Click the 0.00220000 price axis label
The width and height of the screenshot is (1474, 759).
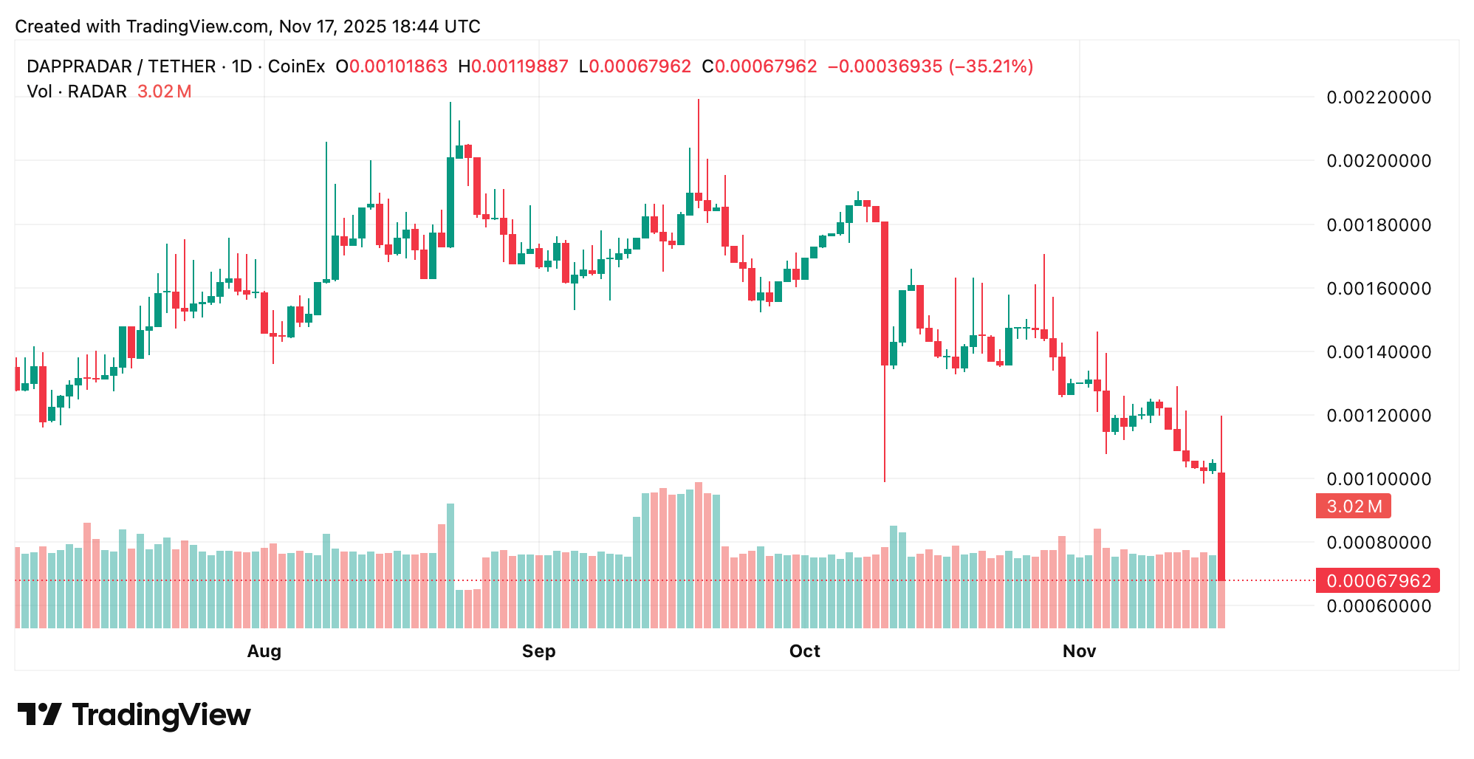tap(1378, 97)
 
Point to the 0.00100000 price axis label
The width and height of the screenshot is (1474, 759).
tap(1378, 479)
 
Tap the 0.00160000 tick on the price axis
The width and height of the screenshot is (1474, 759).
tap(1378, 288)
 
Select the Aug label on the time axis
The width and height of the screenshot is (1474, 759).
tap(264, 651)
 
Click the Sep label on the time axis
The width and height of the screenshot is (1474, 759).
tap(538, 651)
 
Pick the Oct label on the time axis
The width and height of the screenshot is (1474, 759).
tap(804, 651)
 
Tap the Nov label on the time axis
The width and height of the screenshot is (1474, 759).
tap(1079, 651)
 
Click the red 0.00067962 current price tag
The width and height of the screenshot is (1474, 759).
tap(1378, 581)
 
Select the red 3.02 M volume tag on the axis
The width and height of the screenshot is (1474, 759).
tap(1354, 506)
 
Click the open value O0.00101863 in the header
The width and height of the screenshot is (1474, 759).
tap(391, 66)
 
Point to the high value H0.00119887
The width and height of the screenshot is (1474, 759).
tap(513, 66)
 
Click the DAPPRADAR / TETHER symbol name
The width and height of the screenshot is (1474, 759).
tap(121, 66)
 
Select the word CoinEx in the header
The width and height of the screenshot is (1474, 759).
tap(296, 66)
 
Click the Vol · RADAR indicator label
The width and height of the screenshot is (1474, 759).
tap(77, 92)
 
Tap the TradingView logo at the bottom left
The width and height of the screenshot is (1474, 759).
tap(134, 715)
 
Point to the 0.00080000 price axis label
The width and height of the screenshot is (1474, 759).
tap(1378, 543)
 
